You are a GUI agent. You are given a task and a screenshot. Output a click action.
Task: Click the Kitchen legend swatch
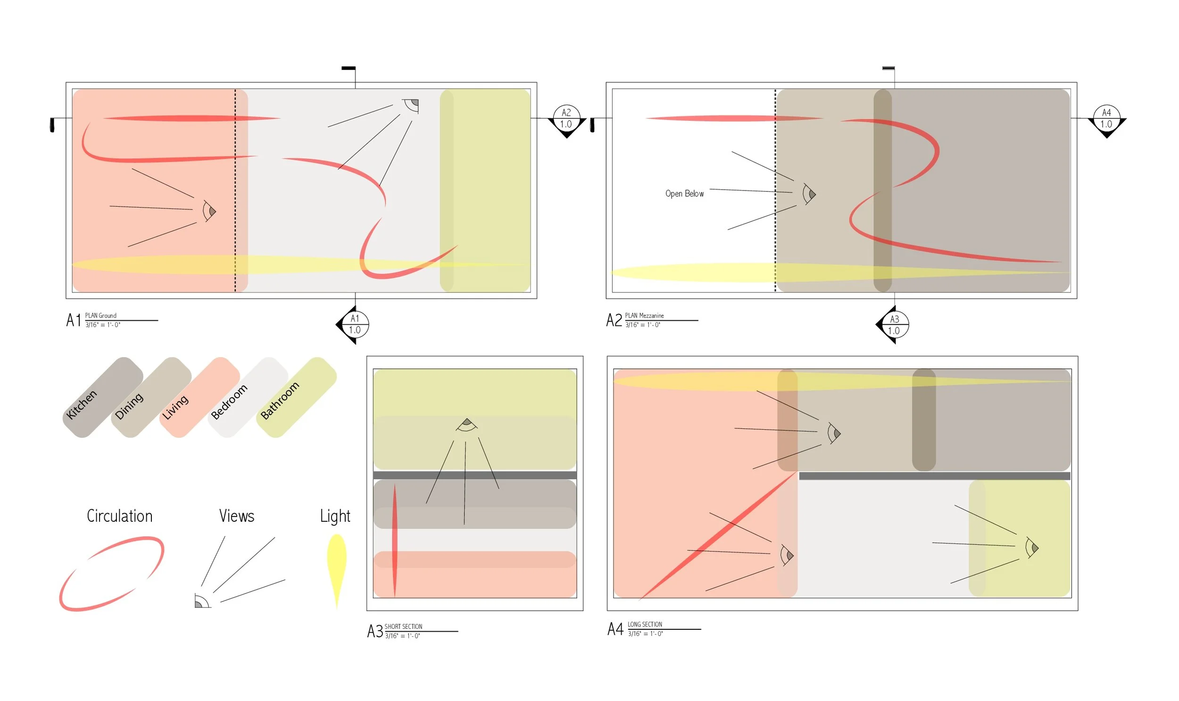click(103, 397)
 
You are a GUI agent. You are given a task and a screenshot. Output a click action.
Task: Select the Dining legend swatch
click(151, 397)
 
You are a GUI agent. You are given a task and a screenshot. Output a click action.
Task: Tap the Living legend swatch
click(200, 397)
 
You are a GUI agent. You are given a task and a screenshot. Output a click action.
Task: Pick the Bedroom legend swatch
click(248, 397)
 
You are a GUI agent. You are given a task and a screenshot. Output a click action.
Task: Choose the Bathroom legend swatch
click(296, 397)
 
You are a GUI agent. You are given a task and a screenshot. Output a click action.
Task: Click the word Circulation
click(119, 516)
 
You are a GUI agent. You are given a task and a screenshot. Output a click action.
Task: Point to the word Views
click(237, 516)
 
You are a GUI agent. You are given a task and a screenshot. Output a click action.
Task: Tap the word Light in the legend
click(335, 516)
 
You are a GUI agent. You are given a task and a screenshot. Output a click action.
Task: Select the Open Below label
click(684, 194)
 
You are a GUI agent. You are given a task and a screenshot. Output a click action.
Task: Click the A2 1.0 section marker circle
click(566, 118)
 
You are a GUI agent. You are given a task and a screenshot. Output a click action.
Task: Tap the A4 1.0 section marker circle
click(1106, 118)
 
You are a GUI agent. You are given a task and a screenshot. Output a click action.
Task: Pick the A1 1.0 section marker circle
click(355, 325)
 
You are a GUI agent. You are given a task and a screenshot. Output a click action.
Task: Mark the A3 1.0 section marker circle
click(894, 325)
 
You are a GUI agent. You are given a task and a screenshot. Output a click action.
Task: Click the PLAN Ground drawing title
click(100, 316)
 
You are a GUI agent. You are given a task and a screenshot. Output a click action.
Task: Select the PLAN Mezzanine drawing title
click(644, 316)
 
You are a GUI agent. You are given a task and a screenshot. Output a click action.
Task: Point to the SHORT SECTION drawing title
click(403, 626)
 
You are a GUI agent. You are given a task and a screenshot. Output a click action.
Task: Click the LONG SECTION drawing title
click(645, 625)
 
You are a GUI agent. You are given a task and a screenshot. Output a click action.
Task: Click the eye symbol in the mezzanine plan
click(809, 194)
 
